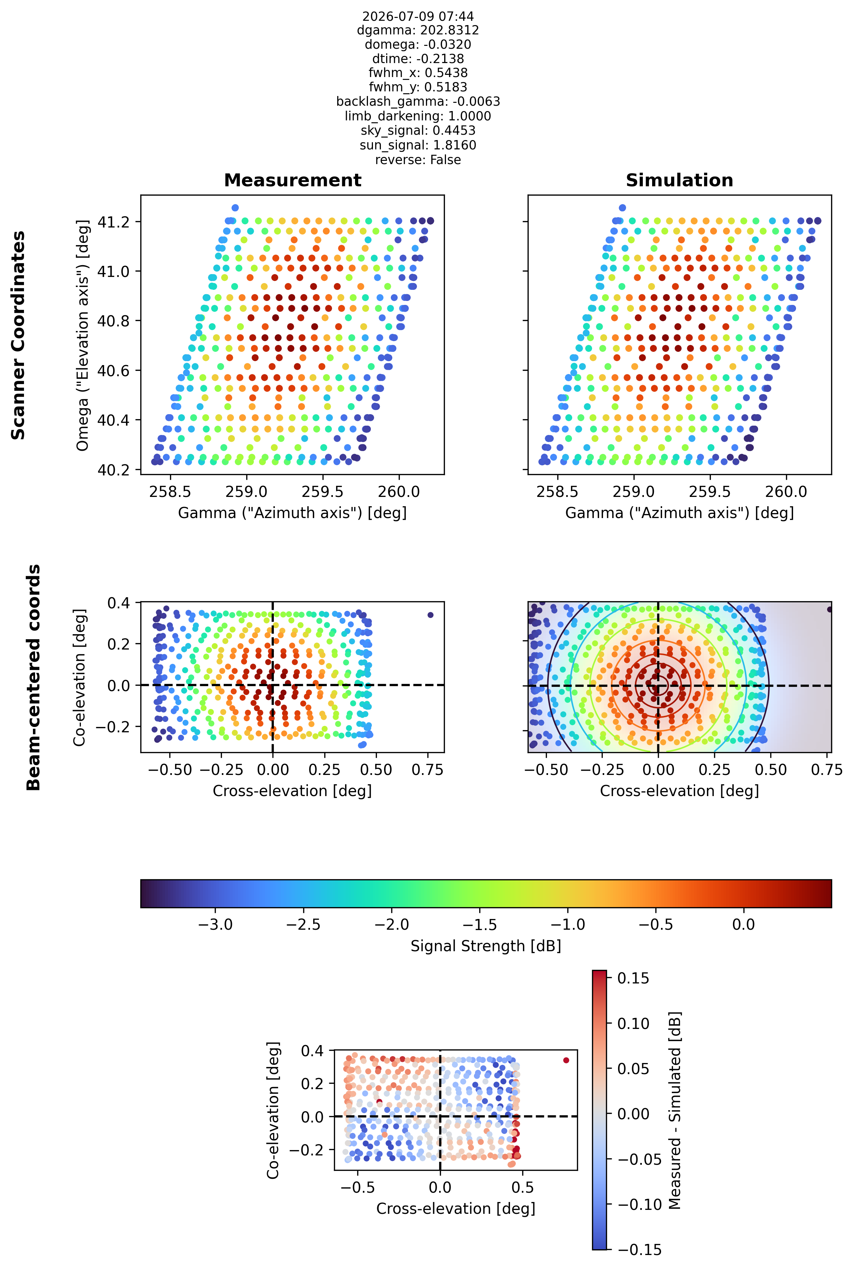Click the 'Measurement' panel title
click(x=292, y=181)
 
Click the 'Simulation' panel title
click(x=679, y=181)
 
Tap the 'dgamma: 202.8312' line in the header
click(x=418, y=30)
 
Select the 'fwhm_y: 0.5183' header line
click(x=418, y=87)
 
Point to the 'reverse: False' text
click(x=418, y=160)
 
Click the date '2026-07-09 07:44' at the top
click(x=418, y=16)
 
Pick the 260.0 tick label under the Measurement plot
click(x=399, y=492)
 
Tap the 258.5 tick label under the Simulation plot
click(x=557, y=492)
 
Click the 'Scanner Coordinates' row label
click(x=18, y=335)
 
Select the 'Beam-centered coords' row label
click(x=34, y=677)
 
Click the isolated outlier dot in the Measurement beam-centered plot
click(x=430, y=615)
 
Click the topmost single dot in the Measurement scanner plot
click(x=235, y=208)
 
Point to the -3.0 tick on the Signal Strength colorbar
click(x=216, y=924)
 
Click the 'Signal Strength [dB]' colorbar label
click(x=486, y=946)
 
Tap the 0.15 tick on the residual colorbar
click(x=633, y=978)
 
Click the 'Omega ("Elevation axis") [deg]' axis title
click(x=82, y=335)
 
